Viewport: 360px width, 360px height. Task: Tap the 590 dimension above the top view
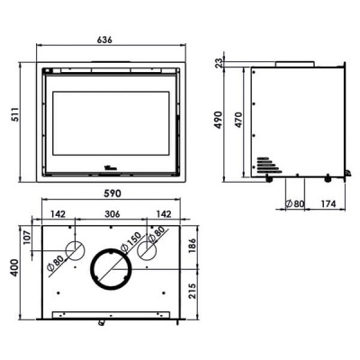(112, 194)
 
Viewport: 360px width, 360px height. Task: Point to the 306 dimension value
(112, 215)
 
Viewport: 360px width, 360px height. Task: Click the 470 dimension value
(239, 121)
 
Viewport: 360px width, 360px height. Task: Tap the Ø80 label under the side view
(293, 203)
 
